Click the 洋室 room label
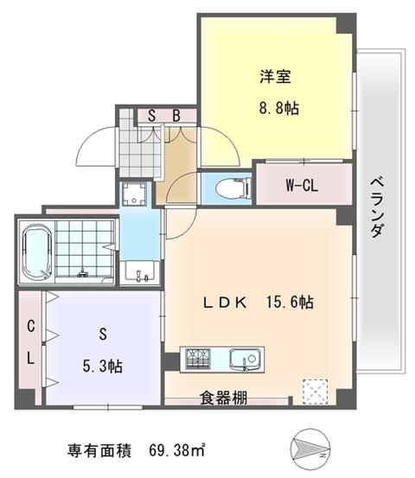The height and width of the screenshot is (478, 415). (x=275, y=76)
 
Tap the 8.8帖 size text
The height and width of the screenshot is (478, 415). (x=279, y=108)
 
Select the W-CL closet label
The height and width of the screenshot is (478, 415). (x=302, y=185)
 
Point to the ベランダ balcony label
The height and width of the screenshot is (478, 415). (x=377, y=207)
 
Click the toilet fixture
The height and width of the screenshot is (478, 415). (x=233, y=188)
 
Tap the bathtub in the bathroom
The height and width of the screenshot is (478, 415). (x=36, y=252)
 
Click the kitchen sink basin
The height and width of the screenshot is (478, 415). (x=245, y=360)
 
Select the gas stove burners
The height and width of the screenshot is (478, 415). (x=198, y=359)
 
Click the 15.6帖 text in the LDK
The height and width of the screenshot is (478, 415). (x=290, y=303)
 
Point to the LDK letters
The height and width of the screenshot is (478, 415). (x=225, y=303)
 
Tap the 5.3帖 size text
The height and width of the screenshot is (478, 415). (x=103, y=366)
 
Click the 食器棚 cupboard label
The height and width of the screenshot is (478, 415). (x=224, y=398)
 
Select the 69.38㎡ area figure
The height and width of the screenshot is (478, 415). (x=177, y=450)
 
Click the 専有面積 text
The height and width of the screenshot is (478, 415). (x=99, y=450)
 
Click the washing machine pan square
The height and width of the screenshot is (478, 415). (x=133, y=194)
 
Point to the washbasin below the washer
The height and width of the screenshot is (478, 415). (x=140, y=273)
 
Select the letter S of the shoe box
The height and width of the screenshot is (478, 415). (x=151, y=116)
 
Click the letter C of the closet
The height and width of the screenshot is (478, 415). (x=31, y=326)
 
